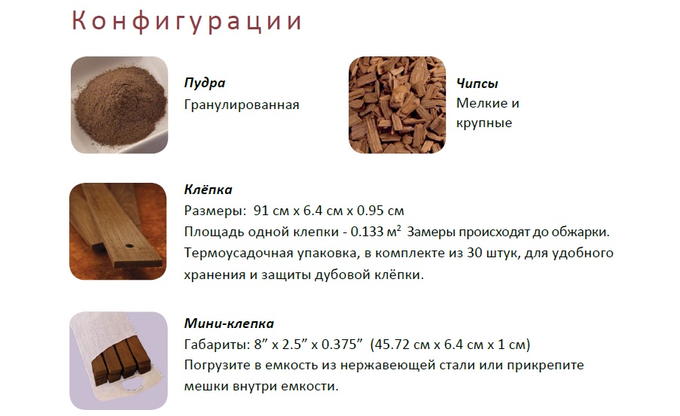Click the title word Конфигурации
(x=187, y=21)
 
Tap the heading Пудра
(x=205, y=83)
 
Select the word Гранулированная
(x=242, y=105)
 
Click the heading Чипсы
(x=477, y=84)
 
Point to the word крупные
(x=484, y=123)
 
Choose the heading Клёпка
(x=208, y=190)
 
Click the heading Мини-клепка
(x=229, y=323)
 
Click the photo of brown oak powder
(x=119, y=105)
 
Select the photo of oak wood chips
(x=398, y=105)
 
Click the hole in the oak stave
(x=130, y=246)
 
